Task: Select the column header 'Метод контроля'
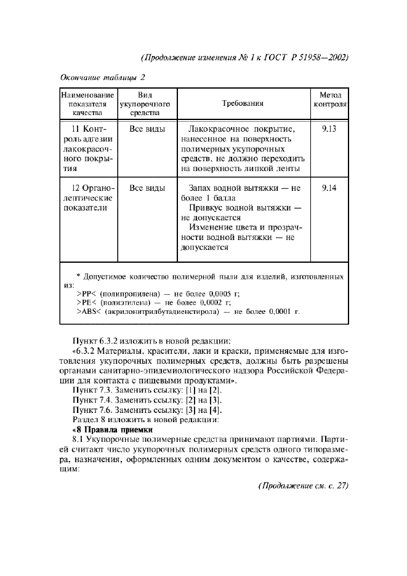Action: (331, 104)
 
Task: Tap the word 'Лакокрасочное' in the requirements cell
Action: (216, 130)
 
